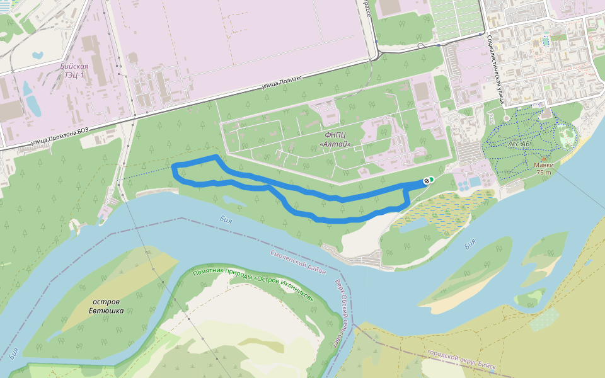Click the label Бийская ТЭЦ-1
point(74,70)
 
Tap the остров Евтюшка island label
point(105,306)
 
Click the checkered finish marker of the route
point(428,181)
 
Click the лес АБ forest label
point(518,144)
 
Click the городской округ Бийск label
point(461,360)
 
